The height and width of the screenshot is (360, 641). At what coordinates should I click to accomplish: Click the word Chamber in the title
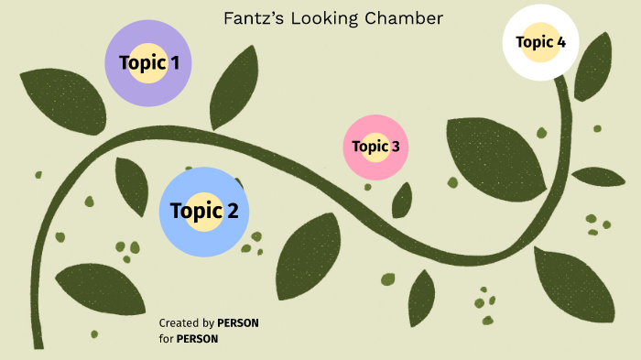click(x=385, y=18)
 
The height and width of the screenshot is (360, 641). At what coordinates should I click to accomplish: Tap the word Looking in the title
click(x=317, y=18)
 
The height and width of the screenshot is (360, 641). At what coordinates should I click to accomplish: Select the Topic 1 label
click(x=148, y=63)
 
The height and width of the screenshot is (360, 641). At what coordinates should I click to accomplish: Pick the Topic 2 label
click(x=204, y=212)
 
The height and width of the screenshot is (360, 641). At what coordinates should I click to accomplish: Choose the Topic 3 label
click(x=375, y=147)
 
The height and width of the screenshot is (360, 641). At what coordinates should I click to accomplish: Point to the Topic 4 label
click(x=540, y=42)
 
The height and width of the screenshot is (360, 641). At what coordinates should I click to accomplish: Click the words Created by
click(x=186, y=323)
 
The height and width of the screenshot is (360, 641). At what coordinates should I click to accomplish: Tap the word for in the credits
click(x=166, y=339)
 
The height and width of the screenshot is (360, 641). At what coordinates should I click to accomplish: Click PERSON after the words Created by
click(x=238, y=323)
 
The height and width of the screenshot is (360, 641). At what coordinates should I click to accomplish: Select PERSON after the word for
click(x=197, y=339)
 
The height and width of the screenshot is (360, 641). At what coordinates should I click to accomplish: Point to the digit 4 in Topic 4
click(x=560, y=42)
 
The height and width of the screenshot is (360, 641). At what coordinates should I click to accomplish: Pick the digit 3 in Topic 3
click(x=395, y=147)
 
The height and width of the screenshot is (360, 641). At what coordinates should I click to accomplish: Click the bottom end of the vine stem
click(x=38, y=344)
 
